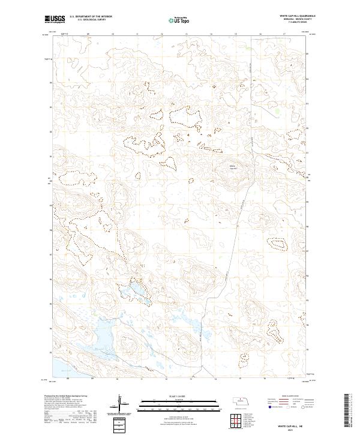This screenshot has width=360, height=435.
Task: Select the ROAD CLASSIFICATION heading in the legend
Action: pyautogui.click(x=286, y=397)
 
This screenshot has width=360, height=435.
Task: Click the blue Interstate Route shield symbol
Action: pyautogui.click(x=268, y=406)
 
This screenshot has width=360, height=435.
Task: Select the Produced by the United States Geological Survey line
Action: pyautogui.click(x=69, y=397)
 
